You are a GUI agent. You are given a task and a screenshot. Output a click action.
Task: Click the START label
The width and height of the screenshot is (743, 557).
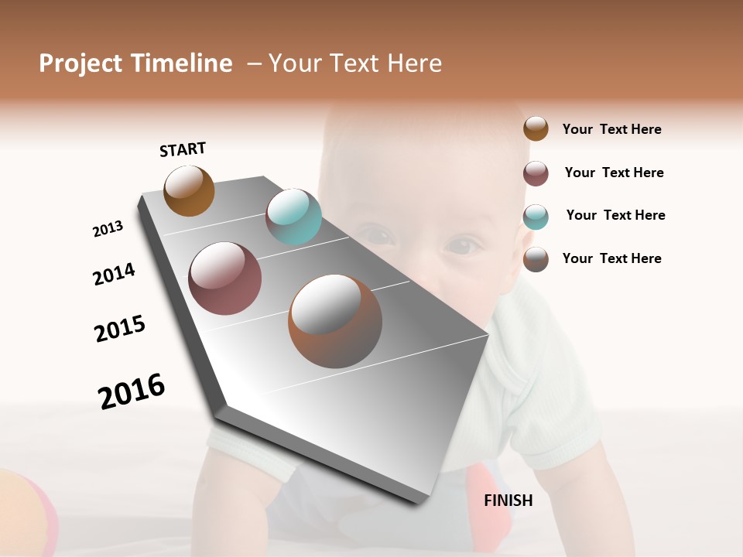[x=183, y=149]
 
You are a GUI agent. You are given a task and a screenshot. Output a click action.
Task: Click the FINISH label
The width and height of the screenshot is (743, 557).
[x=508, y=501]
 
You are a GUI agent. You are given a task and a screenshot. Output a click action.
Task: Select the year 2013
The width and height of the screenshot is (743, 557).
[x=108, y=229]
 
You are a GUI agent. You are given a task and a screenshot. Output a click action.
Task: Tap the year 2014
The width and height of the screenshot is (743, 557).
[x=114, y=274]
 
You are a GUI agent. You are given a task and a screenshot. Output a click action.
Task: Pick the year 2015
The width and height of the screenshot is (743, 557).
[x=120, y=329]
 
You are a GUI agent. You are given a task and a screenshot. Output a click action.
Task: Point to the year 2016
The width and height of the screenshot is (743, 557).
[x=132, y=391]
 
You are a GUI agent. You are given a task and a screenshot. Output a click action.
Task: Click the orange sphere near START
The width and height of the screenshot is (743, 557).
[x=189, y=190]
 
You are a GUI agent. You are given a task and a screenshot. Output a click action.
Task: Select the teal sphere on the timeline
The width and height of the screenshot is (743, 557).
[x=293, y=217]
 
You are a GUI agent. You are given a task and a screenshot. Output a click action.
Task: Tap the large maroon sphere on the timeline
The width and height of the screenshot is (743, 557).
[x=225, y=278]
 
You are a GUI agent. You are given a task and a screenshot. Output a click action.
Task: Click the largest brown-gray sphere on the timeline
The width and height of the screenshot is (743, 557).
[x=335, y=321]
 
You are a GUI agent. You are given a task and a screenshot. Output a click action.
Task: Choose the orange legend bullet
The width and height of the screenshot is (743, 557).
[x=536, y=128]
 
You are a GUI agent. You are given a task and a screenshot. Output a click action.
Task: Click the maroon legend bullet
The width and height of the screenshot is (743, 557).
[x=536, y=173]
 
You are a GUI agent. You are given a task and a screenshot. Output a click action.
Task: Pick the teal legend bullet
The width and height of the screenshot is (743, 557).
[x=536, y=217]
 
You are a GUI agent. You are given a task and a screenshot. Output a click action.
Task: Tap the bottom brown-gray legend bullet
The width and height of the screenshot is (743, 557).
[x=536, y=259]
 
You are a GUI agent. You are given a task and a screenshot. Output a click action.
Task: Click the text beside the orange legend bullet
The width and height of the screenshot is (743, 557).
[x=611, y=129]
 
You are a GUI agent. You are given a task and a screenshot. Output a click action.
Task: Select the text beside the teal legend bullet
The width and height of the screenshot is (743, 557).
[x=615, y=215]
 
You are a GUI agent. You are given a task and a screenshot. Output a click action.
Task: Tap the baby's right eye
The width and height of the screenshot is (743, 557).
[x=461, y=247]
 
